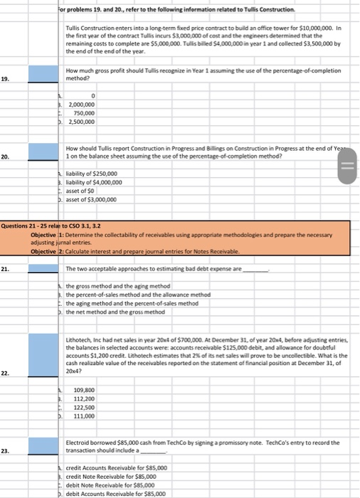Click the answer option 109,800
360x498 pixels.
pyautogui.click(x=84, y=390)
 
